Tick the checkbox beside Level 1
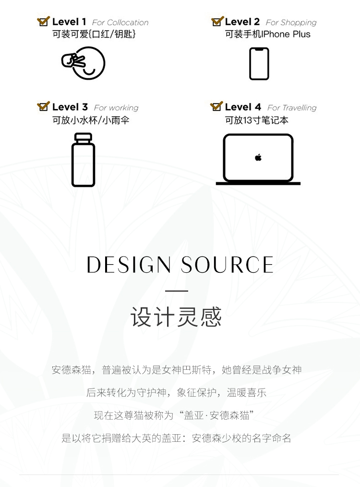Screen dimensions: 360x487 click(x=43, y=22)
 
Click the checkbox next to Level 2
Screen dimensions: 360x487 click(x=217, y=22)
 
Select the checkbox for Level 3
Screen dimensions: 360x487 click(x=43, y=107)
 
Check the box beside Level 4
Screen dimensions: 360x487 click(x=216, y=107)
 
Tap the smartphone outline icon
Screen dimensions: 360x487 click(x=259, y=63)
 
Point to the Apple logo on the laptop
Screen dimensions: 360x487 click(x=258, y=158)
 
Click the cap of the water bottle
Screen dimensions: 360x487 click(x=83, y=137)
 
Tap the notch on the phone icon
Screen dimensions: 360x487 click(x=259, y=49)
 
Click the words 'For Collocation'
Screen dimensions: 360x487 click(x=120, y=23)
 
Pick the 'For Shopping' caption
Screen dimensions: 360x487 click(x=291, y=23)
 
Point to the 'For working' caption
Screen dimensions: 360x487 click(x=116, y=108)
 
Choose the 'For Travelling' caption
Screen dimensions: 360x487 click(x=292, y=108)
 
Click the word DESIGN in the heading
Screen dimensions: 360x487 click(x=129, y=265)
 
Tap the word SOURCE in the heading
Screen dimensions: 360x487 click(x=227, y=265)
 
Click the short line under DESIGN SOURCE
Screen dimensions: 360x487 click(x=177, y=291)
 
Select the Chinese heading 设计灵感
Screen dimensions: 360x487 click(x=176, y=317)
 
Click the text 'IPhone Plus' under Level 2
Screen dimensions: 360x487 click(x=287, y=35)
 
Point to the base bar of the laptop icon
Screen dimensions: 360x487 click(x=258, y=183)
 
